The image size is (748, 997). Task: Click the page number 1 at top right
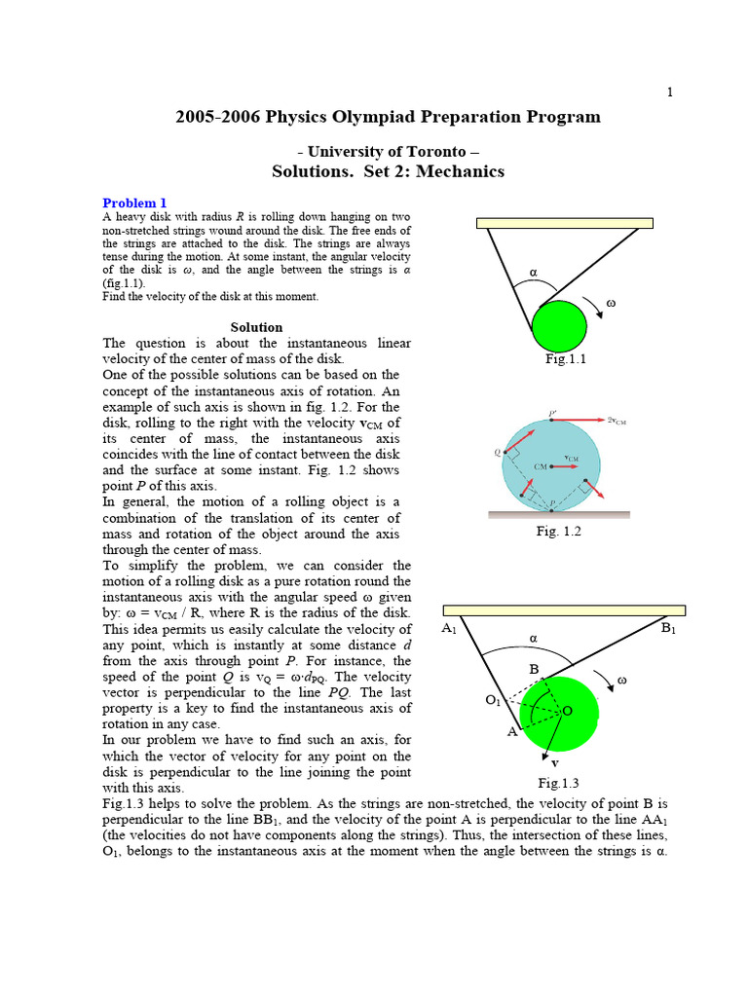[x=669, y=92]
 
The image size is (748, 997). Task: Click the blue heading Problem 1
[x=135, y=203]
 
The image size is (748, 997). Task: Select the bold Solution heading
[x=256, y=327]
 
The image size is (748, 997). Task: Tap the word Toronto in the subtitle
[x=431, y=152]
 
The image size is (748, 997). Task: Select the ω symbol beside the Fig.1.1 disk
[x=611, y=303]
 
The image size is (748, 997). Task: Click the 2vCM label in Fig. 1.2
[x=643, y=421]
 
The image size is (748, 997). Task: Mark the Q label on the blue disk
[x=498, y=451]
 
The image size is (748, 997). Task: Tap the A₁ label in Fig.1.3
[x=449, y=629]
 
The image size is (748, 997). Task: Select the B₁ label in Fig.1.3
[x=668, y=629]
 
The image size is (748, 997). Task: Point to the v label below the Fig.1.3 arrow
[x=555, y=762]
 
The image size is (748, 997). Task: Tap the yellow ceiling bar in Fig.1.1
[x=564, y=223]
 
